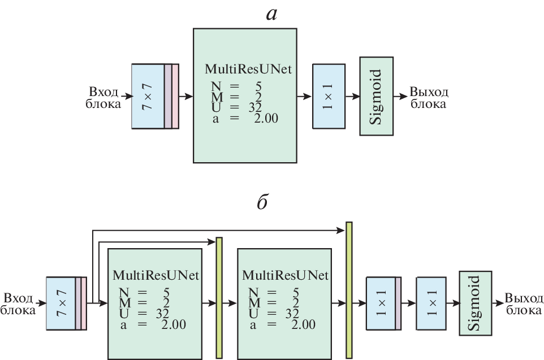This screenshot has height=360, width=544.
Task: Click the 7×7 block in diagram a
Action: coord(147,96)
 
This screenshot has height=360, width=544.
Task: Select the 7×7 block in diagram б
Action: coord(61,302)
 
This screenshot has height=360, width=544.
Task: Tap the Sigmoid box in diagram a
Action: coord(377,96)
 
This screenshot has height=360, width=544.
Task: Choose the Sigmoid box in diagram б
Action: coord(474,303)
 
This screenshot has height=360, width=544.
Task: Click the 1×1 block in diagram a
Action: coord(329,96)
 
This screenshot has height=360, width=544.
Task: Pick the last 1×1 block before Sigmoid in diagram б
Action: coord(432,303)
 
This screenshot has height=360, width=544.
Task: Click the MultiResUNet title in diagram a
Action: coord(248,70)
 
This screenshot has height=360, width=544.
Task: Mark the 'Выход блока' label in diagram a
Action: coord(429,97)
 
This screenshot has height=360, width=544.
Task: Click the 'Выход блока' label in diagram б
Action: coord(523,304)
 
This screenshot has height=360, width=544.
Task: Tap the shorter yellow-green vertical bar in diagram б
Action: coord(219,298)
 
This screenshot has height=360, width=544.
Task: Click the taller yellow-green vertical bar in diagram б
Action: coord(349,290)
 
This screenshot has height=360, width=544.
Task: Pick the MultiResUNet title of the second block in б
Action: coord(284,276)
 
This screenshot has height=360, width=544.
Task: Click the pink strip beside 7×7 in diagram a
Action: coord(175,96)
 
